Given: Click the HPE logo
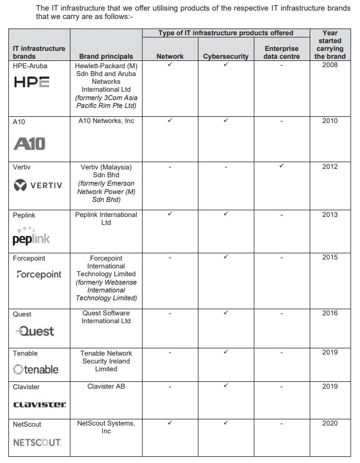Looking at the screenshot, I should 31,82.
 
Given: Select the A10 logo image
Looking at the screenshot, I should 30,143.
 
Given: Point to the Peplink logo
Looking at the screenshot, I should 31,237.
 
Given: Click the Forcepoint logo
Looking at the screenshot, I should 39,275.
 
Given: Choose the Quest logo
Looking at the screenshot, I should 35,331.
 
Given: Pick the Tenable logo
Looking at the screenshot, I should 36,369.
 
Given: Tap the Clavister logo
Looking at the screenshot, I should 39,404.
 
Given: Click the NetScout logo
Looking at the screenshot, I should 37,442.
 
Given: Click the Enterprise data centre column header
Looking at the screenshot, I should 281,53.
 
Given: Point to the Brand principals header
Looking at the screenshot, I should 106,56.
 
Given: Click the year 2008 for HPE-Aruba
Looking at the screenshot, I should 330,65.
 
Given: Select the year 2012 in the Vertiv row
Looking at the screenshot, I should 330,167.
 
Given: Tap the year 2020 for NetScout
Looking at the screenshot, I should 330,424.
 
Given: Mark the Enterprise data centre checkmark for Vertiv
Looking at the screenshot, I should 282,166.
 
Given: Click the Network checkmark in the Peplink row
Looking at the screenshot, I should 169,214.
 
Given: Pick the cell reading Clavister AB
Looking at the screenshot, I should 106,386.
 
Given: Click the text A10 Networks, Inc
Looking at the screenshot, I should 106,121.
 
